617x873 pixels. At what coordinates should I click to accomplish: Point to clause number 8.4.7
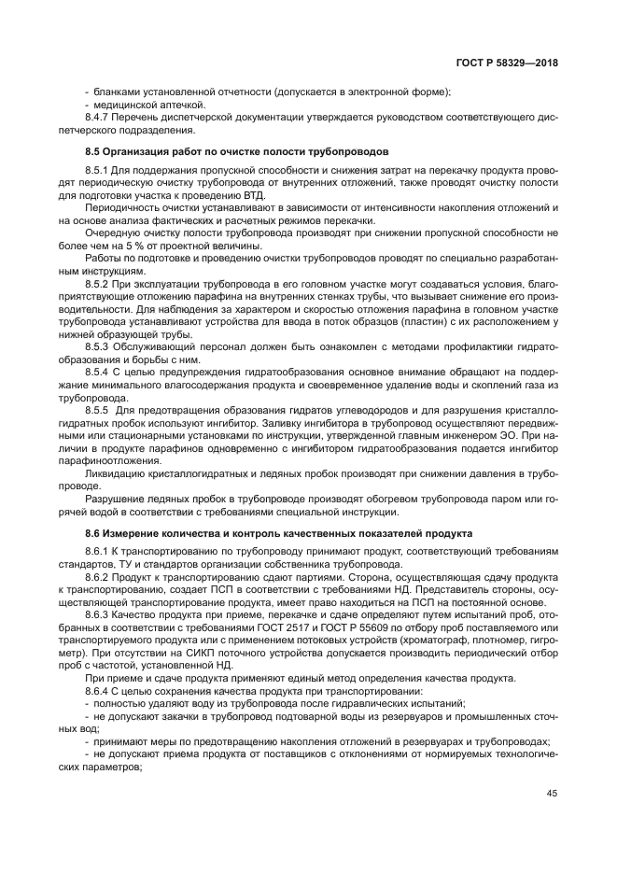click(x=98, y=118)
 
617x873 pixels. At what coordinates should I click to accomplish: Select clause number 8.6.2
click(x=98, y=578)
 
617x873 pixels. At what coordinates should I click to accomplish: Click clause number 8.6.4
click(x=98, y=690)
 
